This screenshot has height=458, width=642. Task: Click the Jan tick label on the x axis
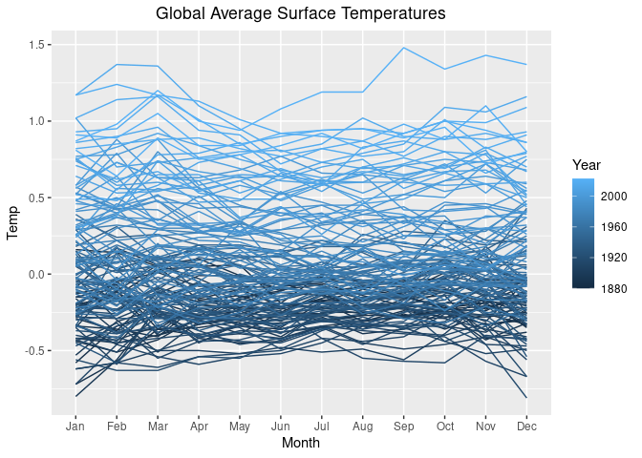click(75, 426)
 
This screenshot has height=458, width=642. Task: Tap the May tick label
click(239, 426)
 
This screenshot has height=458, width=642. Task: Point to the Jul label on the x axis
click(321, 426)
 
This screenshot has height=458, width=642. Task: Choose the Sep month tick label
click(403, 426)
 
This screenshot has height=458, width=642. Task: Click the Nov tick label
click(485, 426)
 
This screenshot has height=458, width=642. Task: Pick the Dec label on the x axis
click(526, 426)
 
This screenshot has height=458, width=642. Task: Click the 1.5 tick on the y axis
click(38, 45)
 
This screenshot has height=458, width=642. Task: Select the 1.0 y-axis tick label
click(38, 121)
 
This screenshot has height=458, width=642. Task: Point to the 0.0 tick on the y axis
click(38, 275)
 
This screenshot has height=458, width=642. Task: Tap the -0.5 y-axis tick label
click(36, 351)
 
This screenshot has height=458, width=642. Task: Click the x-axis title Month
click(300, 443)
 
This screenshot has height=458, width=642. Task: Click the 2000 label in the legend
click(616, 196)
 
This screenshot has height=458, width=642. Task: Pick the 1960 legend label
click(616, 226)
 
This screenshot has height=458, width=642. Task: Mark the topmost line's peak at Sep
click(403, 48)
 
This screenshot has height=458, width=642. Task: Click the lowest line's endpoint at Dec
click(526, 397)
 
